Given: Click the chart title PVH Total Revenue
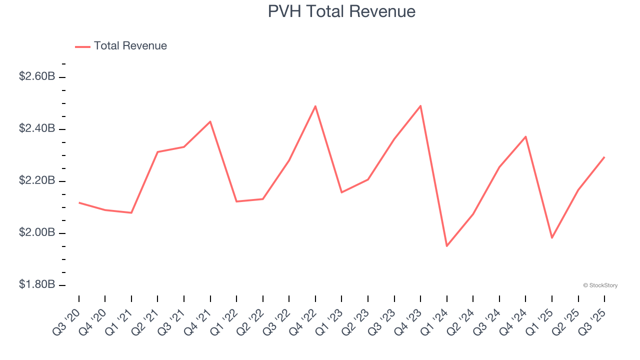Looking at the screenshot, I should pyautogui.click(x=341, y=11).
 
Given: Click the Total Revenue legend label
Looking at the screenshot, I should pyautogui.click(x=130, y=46).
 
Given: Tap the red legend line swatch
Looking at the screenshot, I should pyautogui.click(x=82, y=46).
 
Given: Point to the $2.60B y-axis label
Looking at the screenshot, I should pyautogui.click(x=37, y=77).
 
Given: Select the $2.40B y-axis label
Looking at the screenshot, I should pyautogui.click(x=37, y=129).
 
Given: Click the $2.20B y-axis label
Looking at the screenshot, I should pyautogui.click(x=37, y=181).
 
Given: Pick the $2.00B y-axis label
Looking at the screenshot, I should pyautogui.click(x=37, y=233).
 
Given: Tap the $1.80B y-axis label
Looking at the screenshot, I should pyautogui.click(x=37, y=285).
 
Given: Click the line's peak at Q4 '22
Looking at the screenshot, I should pyautogui.click(x=315, y=106).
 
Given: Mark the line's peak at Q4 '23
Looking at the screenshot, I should pyautogui.click(x=420, y=105).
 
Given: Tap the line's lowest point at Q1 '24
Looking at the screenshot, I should pyautogui.click(x=446, y=246).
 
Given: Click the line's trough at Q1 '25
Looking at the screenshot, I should pyautogui.click(x=552, y=238).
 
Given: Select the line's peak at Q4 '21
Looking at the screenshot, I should pyautogui.click(x=210, y=121).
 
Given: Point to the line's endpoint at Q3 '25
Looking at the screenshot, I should pyautogui.click(x=604, y=157).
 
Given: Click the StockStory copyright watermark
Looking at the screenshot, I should pyautogui.click(x=600, y=285).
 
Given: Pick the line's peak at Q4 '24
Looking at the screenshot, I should pyautogui.click(x=525, y=136).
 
